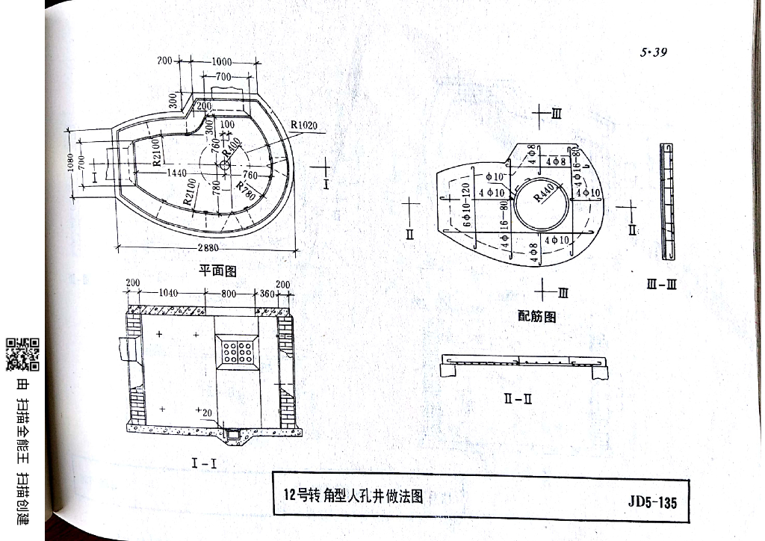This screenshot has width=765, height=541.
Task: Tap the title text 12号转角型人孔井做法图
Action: pos(353,495)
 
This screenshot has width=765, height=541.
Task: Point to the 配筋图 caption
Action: pos(537,316)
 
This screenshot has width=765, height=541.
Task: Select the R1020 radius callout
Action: pos(303,125)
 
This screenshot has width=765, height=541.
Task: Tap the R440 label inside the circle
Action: pos(547,192)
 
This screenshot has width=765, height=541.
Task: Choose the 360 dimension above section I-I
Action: pos(266,294)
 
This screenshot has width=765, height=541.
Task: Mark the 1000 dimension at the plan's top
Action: pos(222,62)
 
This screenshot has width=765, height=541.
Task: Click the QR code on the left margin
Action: pos(22,355)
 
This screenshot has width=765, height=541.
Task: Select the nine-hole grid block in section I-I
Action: pos(235,350)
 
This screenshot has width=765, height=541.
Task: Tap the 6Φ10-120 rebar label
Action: pos(465,203)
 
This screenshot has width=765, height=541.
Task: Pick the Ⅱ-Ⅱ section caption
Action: pos(517,398)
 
